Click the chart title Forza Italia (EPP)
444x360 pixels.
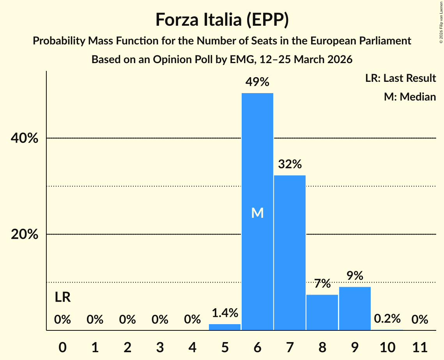click(222, 19)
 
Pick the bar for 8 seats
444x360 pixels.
click(322, 312)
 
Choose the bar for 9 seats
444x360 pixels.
click(355, 308)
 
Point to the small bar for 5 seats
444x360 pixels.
click(225, 327)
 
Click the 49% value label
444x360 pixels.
click(257, 82)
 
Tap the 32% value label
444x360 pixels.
click(290, 164)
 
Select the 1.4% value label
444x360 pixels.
click(225, 312)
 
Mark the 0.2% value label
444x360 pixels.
click(387, 319)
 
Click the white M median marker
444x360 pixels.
click(257, 213)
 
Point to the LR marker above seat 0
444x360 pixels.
click(62, 297)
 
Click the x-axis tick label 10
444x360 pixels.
click(387, 346)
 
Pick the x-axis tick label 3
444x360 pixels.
click(160, 346)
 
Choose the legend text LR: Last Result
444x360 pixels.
click(400, 78)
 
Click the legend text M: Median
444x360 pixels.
click(410, 97)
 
